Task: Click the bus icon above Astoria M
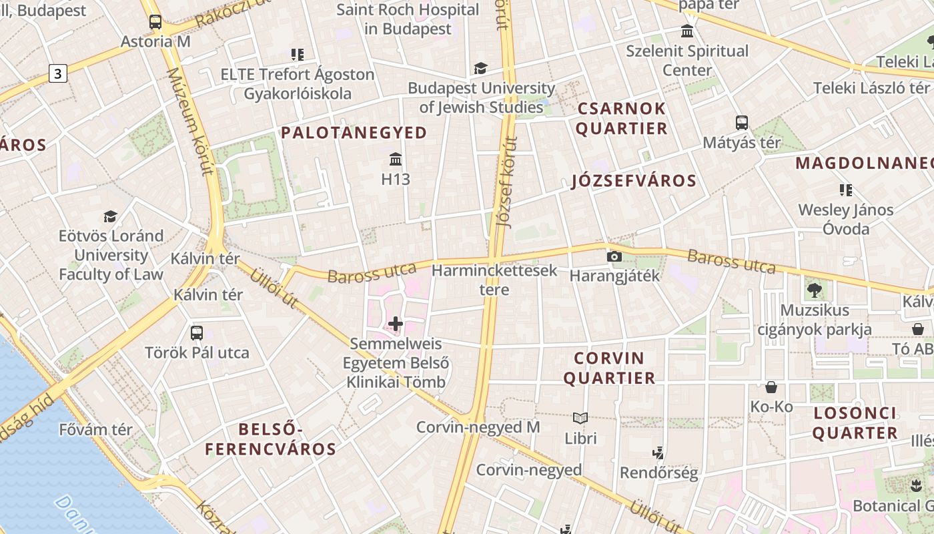pyautogui.click(x=155, y=22)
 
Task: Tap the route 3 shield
pyautogui.click(x=58, y=73)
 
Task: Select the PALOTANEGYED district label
pyautogui.click(x=354, y=133)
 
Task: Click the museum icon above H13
pyautogui.click(x=396, y=160)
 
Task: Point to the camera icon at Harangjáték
pyautogui.click(x=614, y=257)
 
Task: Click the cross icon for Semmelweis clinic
pyautogui.click(x=396, y=324)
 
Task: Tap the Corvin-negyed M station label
pyautogui.click(x=478, y=427)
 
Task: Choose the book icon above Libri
pyautogui.click(x=580, y=419)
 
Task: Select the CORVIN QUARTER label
pyautogui.click(x=610, y=368)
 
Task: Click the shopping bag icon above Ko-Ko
pyautogui.click(x=771, y=387)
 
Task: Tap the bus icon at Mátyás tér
pyautogui.click(x=742, y=123)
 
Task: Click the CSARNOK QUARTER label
pyautogui.click(x=622, y=118)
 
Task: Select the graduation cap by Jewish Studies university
pyautogui.click(x=480, y=68)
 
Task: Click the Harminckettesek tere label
pyautogui.click(x=494, y=280)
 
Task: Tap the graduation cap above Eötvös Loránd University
pyautogui.click(x=110, y=216)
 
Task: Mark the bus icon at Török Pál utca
pyautogui.click(x=197, y=332)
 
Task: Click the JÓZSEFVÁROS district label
pyautogui.click(x=634, y=181)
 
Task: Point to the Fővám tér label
pyautogui.click(x=96, y=429)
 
